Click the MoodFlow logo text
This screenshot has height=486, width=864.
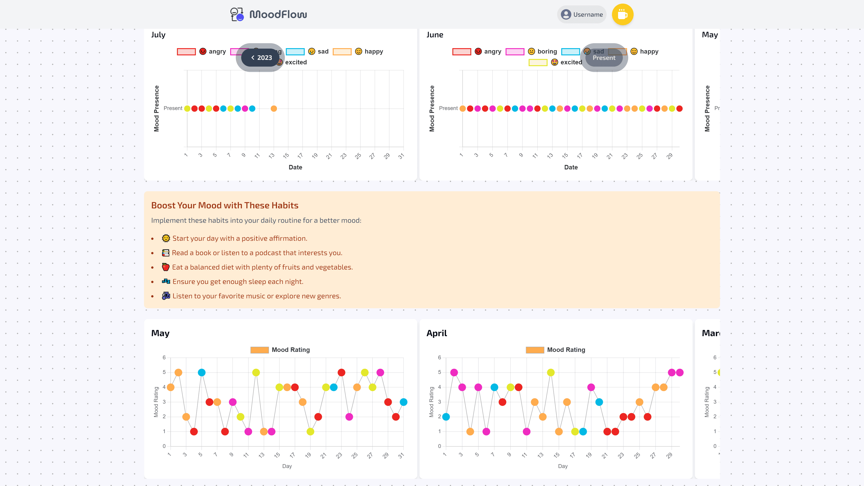point(278,14)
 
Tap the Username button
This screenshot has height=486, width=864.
point(582,14)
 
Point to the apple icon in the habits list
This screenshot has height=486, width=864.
point(166,267)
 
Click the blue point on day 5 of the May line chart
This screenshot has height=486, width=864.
point(202,373)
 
